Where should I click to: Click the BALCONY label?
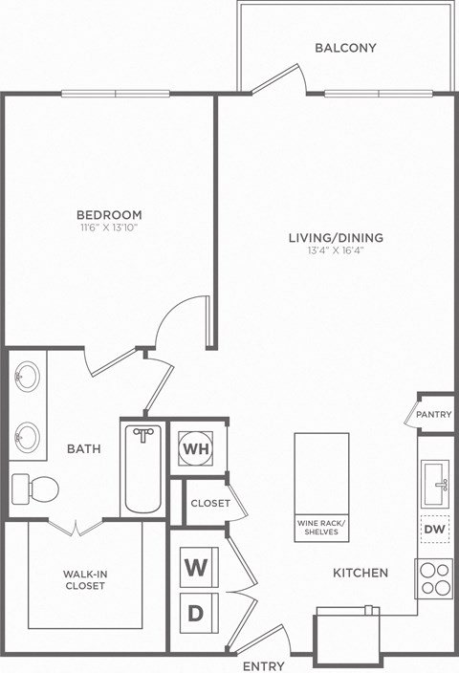(x=345, y=48)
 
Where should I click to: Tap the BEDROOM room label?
(x=111, y=215)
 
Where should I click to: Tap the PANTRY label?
(x=434, y=416)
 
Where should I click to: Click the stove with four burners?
(x=434, y=579)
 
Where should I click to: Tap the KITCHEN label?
(x=360, y=573)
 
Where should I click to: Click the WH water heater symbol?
(x=196, y=446)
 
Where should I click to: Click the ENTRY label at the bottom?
(x=262, y=664)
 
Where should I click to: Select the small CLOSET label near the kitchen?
(x=209, y=503)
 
